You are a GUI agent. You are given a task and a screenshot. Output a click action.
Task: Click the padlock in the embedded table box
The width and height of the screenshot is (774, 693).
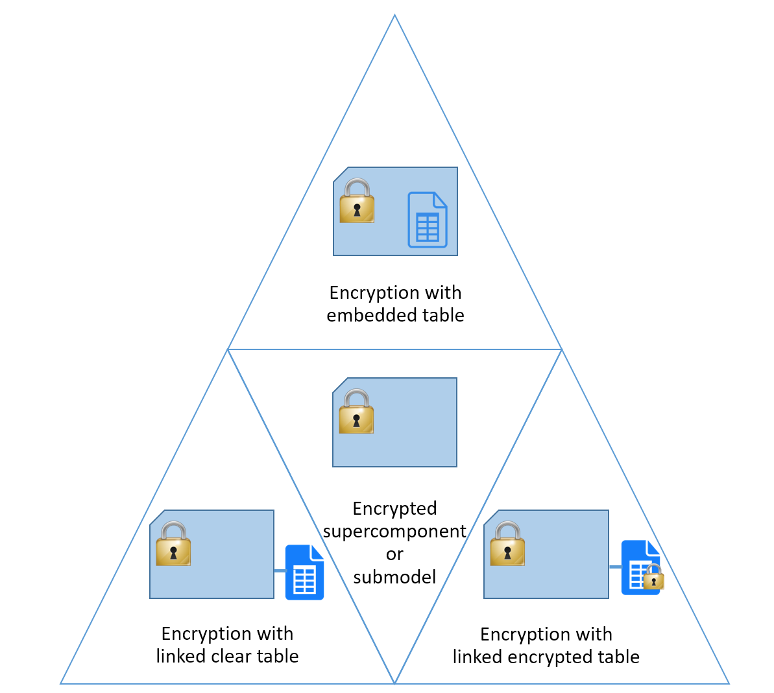(357, 201)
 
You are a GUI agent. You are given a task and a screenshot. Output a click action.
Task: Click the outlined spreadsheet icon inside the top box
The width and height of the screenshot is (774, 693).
(427, 220)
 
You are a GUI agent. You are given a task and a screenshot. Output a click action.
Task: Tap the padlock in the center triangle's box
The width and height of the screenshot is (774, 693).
(356, 412)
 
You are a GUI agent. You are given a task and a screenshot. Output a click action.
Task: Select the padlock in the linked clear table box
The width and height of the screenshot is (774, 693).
(173, 544)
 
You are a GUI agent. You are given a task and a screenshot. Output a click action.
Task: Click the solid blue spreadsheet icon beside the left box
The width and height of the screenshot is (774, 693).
(304, 572)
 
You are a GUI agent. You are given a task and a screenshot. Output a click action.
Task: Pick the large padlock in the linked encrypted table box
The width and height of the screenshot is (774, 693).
(507, 544)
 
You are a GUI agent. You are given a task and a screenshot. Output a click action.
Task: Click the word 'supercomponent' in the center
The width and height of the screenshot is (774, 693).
(394, 532)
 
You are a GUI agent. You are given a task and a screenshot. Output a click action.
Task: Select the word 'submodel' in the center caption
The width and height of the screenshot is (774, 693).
(394, 577)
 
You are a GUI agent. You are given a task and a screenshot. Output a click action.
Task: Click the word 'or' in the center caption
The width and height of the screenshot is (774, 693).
(394, 554)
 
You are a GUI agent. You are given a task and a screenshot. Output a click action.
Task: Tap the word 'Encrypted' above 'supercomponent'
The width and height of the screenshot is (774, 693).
(394, 508)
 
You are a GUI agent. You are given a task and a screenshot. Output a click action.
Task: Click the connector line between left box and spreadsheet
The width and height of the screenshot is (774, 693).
(280, 571)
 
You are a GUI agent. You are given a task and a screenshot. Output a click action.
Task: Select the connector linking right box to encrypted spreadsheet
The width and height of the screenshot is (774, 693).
(615, 567)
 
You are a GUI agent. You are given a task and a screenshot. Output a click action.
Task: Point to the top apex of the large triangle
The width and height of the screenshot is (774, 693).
(394, 16)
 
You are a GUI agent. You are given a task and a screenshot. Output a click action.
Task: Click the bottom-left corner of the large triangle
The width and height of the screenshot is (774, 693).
(61, 683)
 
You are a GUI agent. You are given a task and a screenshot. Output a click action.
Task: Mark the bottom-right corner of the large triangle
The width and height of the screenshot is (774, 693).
(729, 683)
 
